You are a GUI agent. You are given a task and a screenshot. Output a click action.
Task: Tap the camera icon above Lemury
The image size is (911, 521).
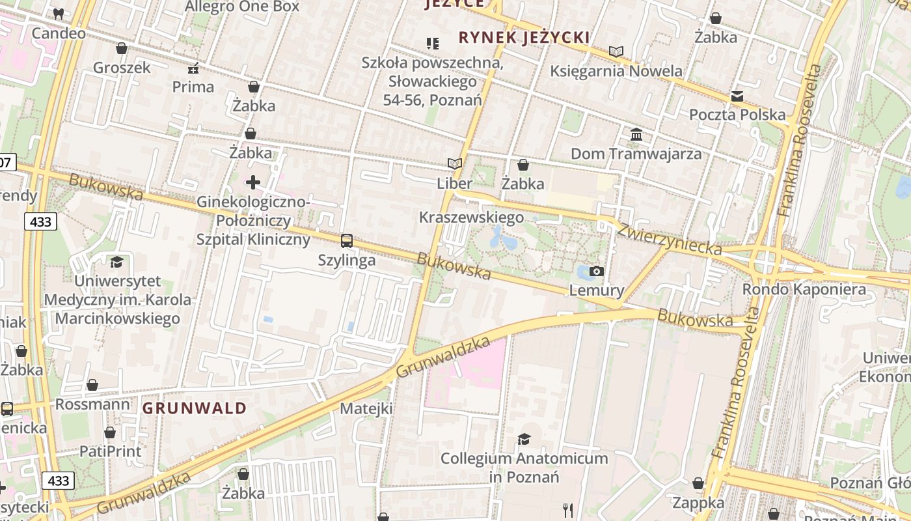(x=596, y=272)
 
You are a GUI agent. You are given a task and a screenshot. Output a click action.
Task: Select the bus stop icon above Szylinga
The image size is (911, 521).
(x=347, y=241)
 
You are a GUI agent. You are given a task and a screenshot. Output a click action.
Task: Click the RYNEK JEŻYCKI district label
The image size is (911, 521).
(x=524, y=37)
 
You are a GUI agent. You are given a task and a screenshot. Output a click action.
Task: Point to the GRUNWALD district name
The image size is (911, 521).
(x=195, y=408)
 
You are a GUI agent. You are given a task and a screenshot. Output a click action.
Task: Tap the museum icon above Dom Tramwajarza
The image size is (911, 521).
(x=636, y=135)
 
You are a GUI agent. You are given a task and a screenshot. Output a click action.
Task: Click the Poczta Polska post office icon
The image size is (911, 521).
(x=737, y=96)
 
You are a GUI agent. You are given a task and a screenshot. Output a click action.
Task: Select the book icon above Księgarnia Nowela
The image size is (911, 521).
(x=616, y=51)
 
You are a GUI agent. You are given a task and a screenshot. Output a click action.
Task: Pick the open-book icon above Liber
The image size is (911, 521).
(x=454, y=164)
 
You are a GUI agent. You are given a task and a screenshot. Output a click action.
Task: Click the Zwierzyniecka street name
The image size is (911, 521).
(x=670, y=239)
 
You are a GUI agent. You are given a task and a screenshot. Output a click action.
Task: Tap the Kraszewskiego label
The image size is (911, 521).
(x=472, y=217)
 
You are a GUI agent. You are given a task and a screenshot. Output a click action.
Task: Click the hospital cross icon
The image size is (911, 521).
(x=253, y=182)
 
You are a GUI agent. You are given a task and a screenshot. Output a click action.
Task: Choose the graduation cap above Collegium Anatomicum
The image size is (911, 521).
(x=524, y=439)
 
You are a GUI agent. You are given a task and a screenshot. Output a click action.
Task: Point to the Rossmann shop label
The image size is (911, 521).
(x=92, y=404)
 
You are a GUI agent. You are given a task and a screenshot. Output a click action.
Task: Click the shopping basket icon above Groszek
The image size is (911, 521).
(x=121, y=48)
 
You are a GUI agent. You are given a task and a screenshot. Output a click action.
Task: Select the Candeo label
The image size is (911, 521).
(x=59, y=33)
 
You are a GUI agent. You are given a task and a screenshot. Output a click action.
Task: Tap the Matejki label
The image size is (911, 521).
(x=366, y=408)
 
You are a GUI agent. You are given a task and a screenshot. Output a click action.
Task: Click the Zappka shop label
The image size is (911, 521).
(x=698, y=502)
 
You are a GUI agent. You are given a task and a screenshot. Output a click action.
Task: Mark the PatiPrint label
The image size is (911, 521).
(x=110, y=451)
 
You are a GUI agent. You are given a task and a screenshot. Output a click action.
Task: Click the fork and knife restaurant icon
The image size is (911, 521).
(x=568, y=510)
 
